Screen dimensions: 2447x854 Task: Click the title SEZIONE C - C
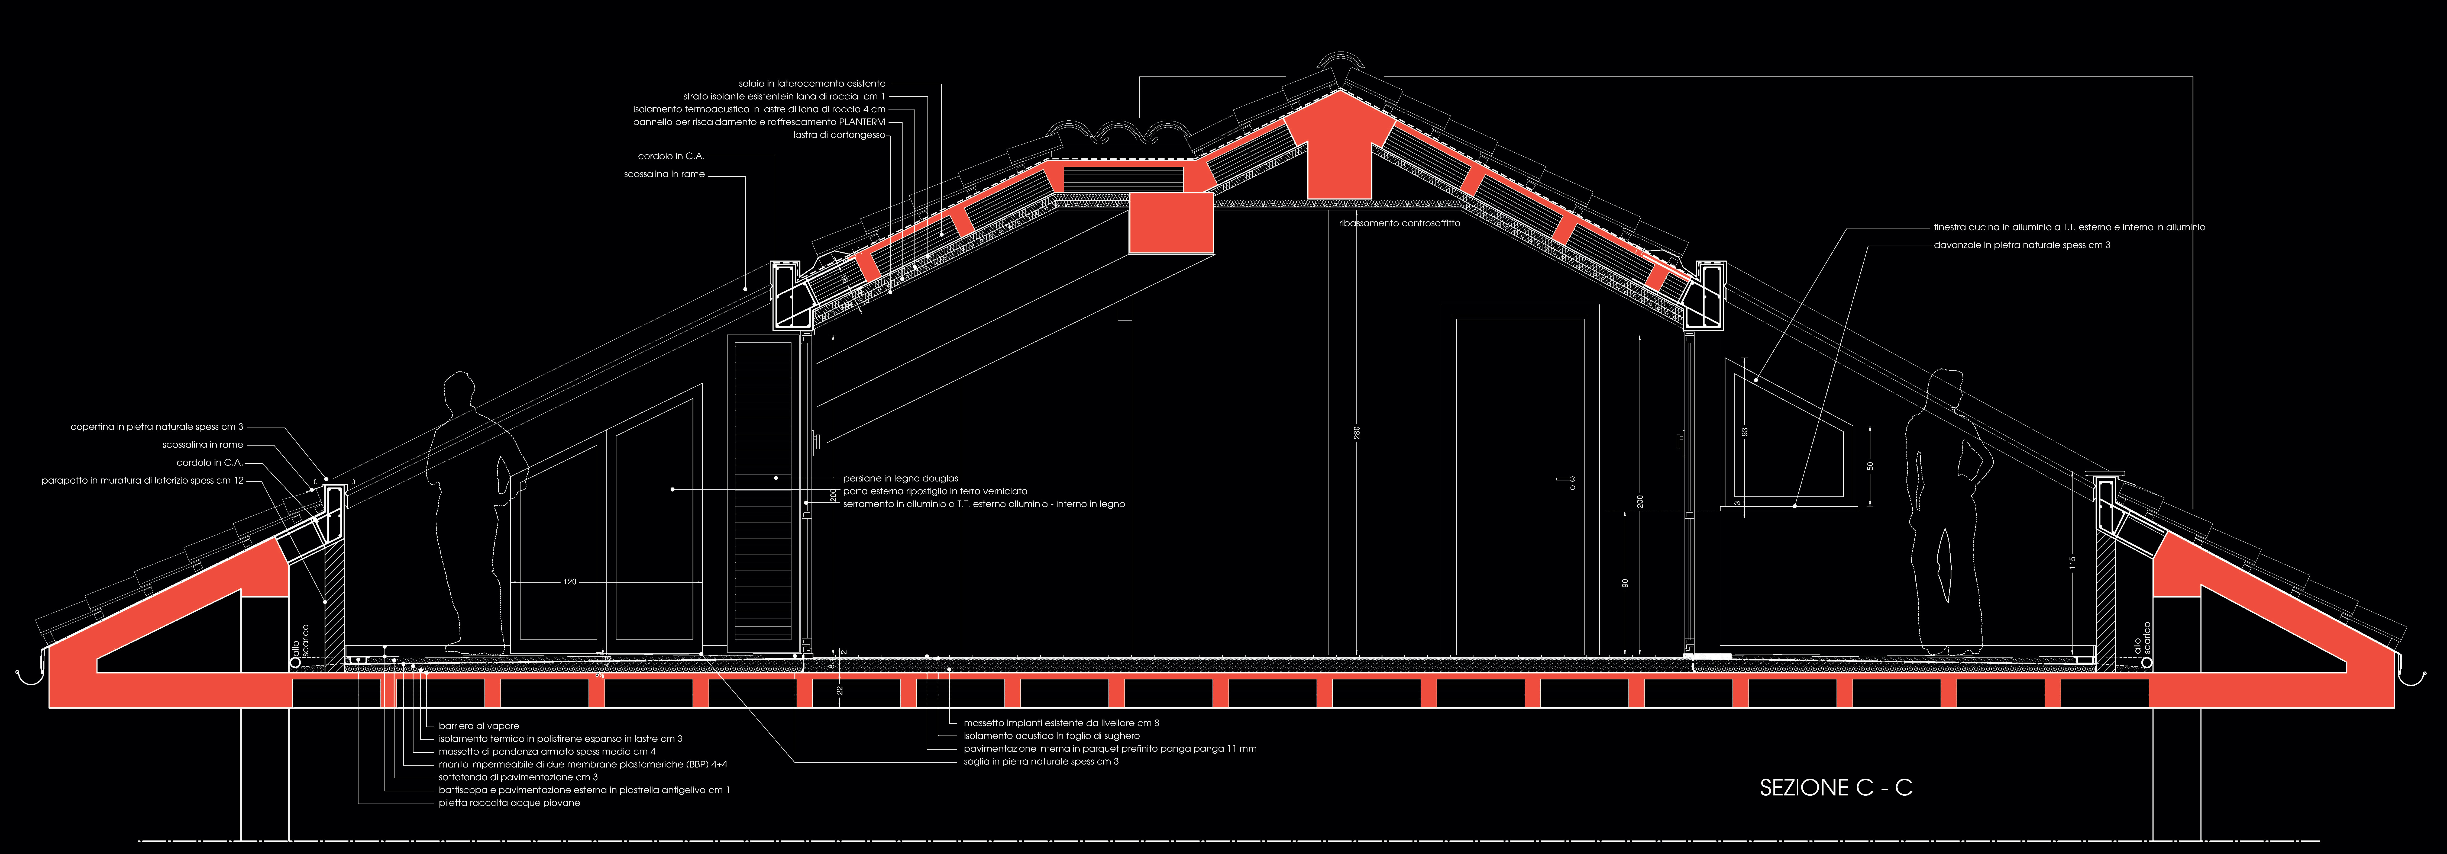(1835, 788)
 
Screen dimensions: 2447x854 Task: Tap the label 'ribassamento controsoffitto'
(1399, 223)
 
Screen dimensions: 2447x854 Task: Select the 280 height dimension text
(1357, 432)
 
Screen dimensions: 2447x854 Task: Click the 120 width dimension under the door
(570, 581)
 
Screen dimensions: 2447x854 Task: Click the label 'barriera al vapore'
(479, 726)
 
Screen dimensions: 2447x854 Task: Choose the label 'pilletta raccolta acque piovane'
(509, 803)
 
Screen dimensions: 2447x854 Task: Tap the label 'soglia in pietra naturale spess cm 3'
(1041, 762)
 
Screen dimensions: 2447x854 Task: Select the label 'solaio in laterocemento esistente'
(812, 84)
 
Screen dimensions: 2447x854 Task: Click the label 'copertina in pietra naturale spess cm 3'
(157, 426)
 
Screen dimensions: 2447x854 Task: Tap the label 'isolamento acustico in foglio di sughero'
(1052, 736)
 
